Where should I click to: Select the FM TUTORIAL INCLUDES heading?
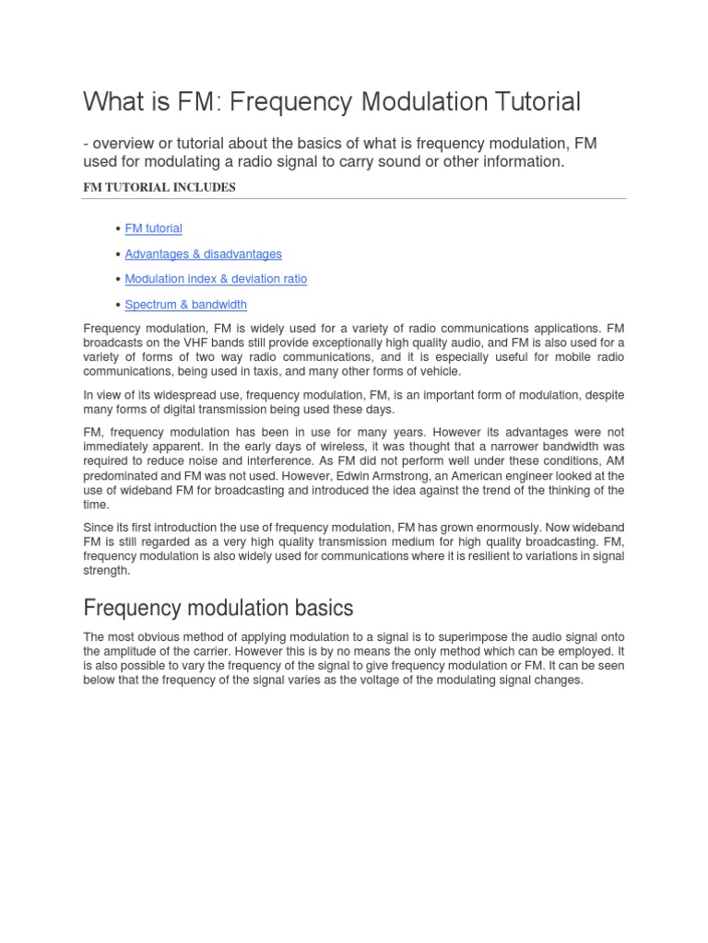pos(159,187)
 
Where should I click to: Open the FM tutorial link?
pos(153,228)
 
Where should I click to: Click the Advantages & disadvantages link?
pos(203,254)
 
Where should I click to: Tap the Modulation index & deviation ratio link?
pos(216,279)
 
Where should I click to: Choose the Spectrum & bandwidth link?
pos(185,305)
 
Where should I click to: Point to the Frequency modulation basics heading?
pos(218,609)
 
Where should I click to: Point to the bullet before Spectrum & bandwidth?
pos(119,305)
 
